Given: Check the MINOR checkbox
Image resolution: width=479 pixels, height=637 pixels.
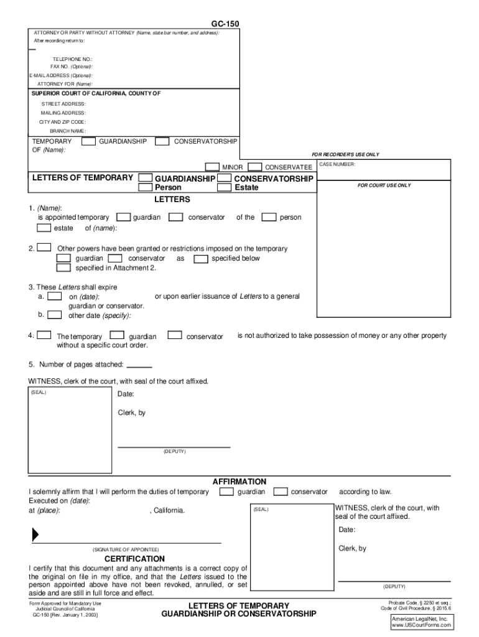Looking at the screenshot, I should [213, 167].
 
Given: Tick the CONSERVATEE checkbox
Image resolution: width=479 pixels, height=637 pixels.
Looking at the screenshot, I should [254, 167].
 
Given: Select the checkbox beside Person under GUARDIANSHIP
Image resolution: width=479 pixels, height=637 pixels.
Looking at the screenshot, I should [145, 187].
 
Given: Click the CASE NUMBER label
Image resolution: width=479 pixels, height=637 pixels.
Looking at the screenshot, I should [337, 165].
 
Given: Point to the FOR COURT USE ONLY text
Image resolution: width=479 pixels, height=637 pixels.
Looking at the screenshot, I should [384, 185].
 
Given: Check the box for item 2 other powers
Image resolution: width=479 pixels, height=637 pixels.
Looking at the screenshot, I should [44, 248].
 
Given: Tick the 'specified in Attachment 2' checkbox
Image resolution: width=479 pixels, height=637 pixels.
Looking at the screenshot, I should [63, 268].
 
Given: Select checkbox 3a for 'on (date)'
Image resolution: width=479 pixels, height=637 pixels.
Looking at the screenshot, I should [55, 297].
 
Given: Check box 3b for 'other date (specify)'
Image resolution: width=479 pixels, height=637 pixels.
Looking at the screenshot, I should [55, 315].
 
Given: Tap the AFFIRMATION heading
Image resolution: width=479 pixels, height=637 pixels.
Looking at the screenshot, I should [240, 481].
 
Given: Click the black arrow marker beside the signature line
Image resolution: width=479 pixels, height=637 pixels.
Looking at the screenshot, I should [35, 534].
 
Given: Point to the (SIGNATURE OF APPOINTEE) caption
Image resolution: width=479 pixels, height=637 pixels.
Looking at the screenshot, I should [126, 550].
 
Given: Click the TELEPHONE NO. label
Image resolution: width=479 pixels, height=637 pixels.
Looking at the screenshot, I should [72, 59].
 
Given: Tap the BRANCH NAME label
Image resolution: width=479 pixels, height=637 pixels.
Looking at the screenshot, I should [68, 131].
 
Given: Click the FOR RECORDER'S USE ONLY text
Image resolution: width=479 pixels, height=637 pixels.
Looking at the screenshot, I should [345, 154].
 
